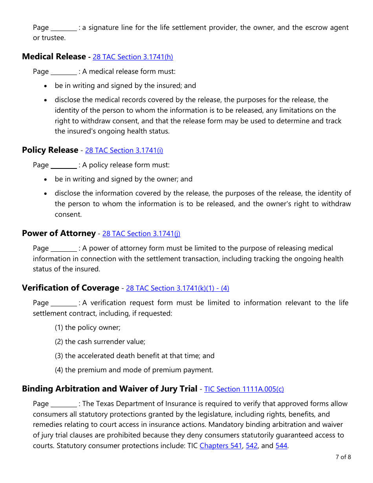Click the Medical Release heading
[54, 57]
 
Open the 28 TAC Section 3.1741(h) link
[133, 57]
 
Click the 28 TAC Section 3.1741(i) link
[124, 150]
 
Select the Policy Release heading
[50, 150]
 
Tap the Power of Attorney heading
[59, 233]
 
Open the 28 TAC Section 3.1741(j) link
[141, 234]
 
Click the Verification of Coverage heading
[70, 288]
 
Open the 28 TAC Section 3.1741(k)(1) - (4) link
[177, 288]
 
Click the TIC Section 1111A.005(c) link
[244, 389]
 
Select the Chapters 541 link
[221, 446]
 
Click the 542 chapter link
[251, 446]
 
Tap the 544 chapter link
[281, 446]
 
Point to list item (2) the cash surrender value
[100, 342]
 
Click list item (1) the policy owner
[88, 327]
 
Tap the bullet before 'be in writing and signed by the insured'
[46, 86]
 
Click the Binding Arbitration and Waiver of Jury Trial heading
[110, 389]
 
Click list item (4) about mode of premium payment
[134, 370]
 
